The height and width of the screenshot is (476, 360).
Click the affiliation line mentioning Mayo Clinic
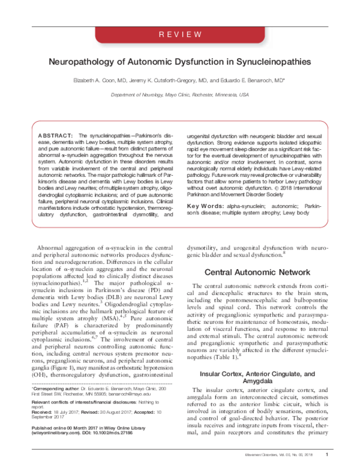[179, 95]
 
